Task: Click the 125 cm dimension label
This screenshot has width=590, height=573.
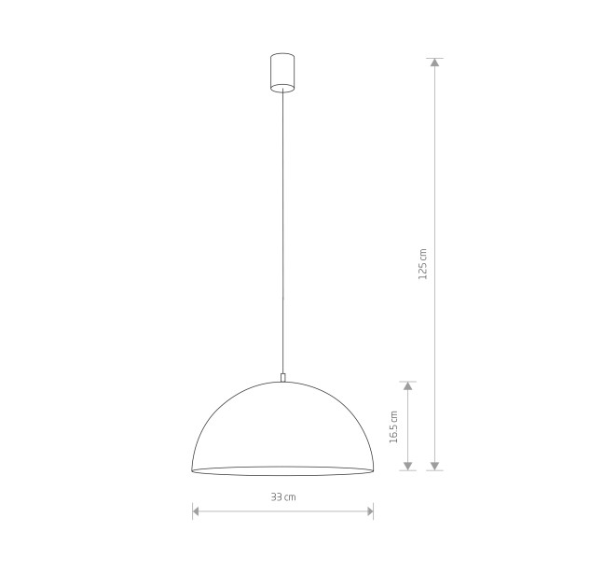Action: (x=423, y=264)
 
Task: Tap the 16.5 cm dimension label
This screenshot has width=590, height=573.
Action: (x=393, y=426)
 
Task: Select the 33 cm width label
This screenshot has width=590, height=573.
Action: (x=283, y=496)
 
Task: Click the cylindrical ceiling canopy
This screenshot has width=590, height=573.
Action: (x=282, y=72)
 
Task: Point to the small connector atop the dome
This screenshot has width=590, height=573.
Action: (x=282, y=377)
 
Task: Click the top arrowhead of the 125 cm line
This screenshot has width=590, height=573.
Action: (x=435, y=63)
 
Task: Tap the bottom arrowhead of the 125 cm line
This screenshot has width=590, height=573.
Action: (x=435, y=466)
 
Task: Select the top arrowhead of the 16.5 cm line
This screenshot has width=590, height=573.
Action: (x=408, y=385)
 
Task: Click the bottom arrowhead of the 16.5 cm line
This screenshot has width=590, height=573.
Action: (x=408, y=466)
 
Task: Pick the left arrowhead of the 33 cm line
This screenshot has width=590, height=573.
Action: (x=196, y=511)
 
